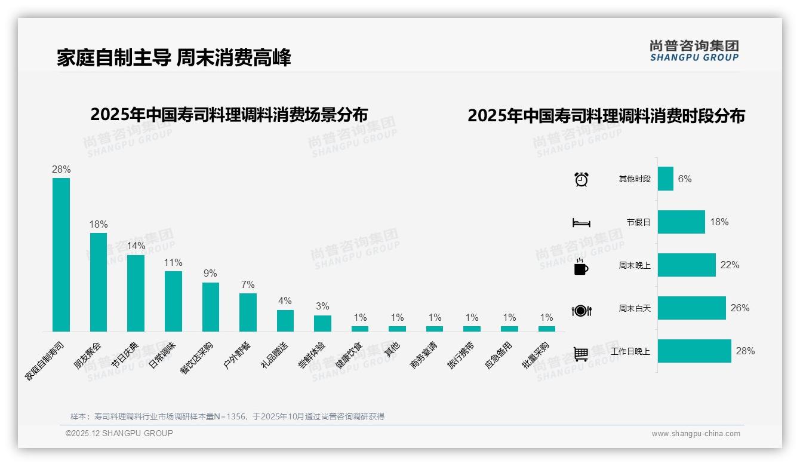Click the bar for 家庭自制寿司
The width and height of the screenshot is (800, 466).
(x=61, y=255)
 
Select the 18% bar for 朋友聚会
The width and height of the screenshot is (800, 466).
(x=99, y=282)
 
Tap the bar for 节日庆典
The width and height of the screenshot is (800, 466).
(x=136, y=293)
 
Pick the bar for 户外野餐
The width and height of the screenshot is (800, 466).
(x=248, y=312)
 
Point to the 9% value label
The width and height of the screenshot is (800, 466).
(x=210, y=274)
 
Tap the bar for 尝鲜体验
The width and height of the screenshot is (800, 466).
(x=322, y=323)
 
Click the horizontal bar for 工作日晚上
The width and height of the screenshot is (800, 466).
(x=694, y=351)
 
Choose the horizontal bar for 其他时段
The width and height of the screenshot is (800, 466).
(x=666, y=179)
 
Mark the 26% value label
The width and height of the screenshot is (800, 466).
(x=740, y=308)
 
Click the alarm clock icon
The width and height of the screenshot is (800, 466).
(x=581, y=179)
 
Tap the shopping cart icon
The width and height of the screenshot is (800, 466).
(x=581, y=354)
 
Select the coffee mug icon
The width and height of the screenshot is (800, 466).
(x=581, y=267)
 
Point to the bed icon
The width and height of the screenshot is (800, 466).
(x=581, y=223)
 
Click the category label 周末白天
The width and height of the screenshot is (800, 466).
(x=634, y=308)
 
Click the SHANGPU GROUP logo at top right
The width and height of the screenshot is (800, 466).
(x=694, y=51)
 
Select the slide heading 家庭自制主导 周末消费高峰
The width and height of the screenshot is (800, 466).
(x=174, y=58)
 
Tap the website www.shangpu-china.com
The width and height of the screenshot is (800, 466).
(x=696, y=434)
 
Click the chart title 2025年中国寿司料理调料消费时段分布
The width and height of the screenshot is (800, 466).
(x=606, y=116)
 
